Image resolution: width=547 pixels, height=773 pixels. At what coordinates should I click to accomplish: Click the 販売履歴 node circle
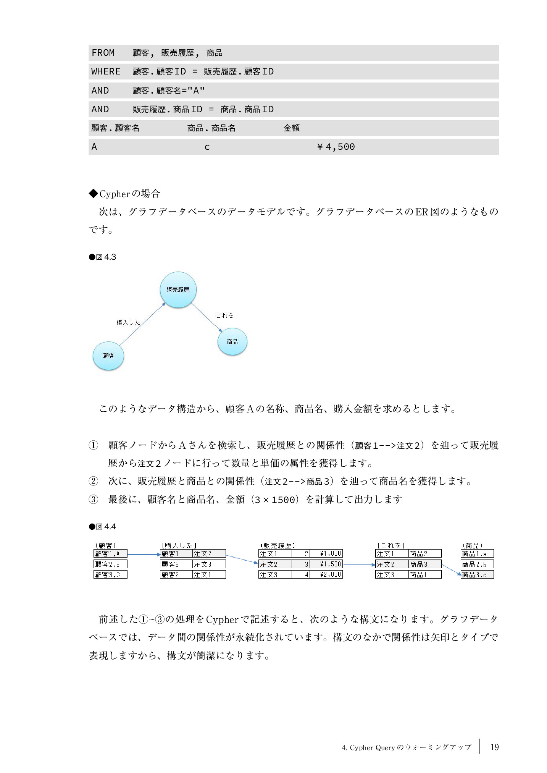pos(178,290)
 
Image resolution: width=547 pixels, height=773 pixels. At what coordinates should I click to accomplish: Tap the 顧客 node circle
pos(108,356)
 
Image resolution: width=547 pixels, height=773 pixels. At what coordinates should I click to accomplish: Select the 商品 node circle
pos(232,342)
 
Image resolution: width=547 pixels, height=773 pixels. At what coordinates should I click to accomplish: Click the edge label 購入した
pos(128,323)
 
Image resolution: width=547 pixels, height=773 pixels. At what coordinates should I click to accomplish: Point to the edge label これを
pos(224,315)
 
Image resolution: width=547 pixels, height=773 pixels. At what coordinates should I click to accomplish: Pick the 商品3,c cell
pos(477,574)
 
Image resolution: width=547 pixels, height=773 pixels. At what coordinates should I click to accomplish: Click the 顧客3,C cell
pos(110,574)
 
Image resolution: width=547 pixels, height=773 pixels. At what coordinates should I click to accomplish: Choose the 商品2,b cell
pos(477,564)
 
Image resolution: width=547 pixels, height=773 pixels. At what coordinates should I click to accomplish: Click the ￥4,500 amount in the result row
pos(336,147)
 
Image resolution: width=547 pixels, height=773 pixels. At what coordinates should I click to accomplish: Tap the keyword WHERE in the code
pos(106,72)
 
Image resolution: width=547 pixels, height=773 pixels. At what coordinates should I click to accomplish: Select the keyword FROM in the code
pos(103,53)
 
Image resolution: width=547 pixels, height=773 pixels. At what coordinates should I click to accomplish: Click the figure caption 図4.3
pos(103,257)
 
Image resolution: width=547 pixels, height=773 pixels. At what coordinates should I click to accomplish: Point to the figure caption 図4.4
pos(103,527)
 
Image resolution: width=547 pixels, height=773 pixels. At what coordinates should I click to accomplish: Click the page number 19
pos(494,747)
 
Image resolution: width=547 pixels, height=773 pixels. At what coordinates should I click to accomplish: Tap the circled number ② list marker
pos(94,481)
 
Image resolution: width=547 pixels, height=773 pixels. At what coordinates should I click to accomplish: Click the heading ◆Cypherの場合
pos(124,194)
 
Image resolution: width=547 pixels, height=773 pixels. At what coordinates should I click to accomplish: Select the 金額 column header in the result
pos(292,128)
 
